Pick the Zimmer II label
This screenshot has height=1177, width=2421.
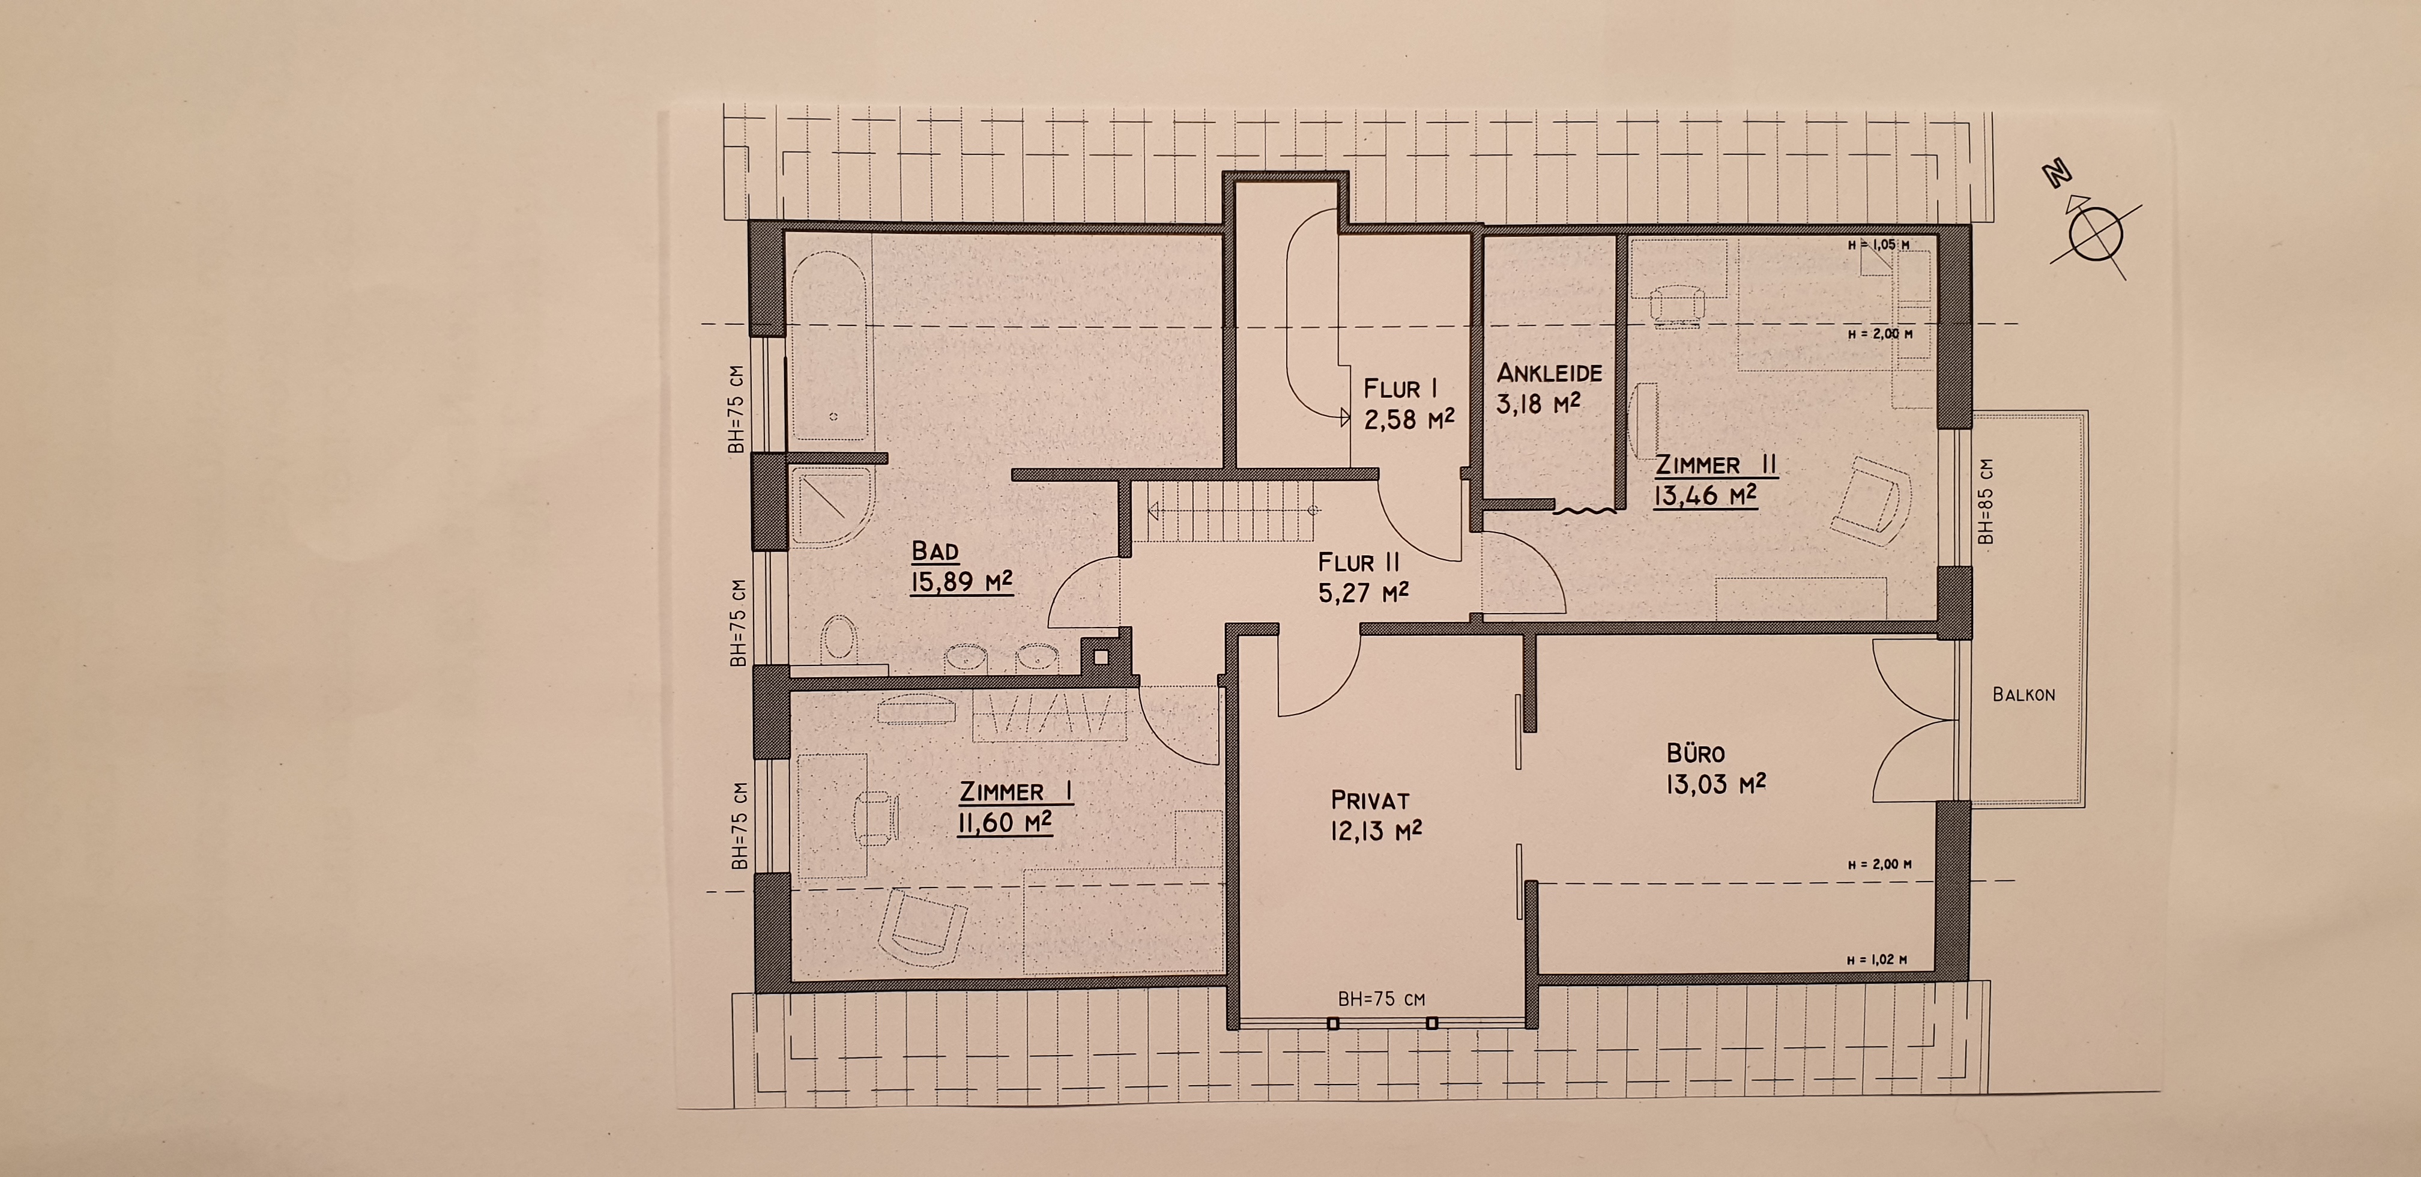pyautogui.click(x=1716, y=464)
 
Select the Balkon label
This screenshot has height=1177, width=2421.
pyautogui.click(x=2024, y=695)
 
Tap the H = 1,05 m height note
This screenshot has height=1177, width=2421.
pyautogui.click(x=1878, y=244)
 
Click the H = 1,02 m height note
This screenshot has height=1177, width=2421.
pyautogui.click(x=1876, y=960)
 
